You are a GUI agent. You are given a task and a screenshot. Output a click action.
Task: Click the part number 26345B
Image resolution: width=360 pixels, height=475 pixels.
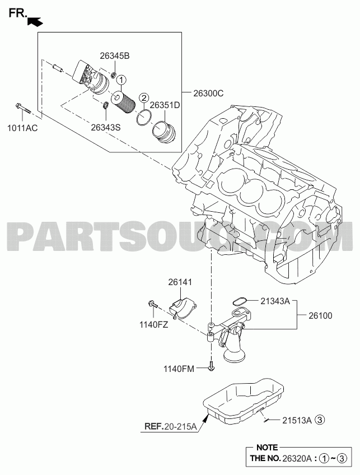coord(115,56)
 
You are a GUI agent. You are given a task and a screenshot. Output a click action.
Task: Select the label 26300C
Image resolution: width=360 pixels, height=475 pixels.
coord(208,94)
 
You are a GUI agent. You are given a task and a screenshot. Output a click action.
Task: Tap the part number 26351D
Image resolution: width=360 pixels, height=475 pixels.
coord(165,105)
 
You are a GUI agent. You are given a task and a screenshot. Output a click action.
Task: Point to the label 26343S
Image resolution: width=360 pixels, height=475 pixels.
coord(106,128)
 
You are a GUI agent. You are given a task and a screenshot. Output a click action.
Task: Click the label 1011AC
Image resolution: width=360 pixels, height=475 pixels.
coord(23,128)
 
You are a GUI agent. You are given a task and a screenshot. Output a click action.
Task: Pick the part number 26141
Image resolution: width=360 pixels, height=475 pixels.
coord(180,282)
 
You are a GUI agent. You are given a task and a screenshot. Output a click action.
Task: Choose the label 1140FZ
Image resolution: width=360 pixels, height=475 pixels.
coord(153,325)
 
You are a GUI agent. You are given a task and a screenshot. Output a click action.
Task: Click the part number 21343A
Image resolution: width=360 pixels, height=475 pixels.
coord(275,301)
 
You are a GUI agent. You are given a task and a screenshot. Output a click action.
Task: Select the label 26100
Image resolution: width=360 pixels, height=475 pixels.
coord(320,316)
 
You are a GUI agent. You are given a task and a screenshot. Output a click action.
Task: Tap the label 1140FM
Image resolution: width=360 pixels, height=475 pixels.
coord(179,369)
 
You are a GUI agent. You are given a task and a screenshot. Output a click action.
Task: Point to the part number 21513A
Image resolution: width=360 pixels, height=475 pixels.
coord(297,420)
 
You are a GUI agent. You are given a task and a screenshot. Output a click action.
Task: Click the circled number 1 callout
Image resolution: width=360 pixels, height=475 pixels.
coord(121,80)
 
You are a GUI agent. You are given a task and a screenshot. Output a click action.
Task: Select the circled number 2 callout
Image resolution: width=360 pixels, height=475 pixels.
coord(144,97)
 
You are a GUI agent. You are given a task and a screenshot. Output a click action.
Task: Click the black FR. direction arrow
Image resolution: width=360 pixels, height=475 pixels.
coord(35,22)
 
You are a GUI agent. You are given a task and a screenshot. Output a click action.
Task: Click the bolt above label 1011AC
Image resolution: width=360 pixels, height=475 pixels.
coord(23,109)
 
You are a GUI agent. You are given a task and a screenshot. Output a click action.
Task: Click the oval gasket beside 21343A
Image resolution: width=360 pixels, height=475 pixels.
coord(240,301)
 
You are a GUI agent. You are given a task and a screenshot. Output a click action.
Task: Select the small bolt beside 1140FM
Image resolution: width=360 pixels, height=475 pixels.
coord(211,366)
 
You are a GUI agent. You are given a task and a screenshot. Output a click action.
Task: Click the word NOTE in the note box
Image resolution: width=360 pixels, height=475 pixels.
coord(267,448)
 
